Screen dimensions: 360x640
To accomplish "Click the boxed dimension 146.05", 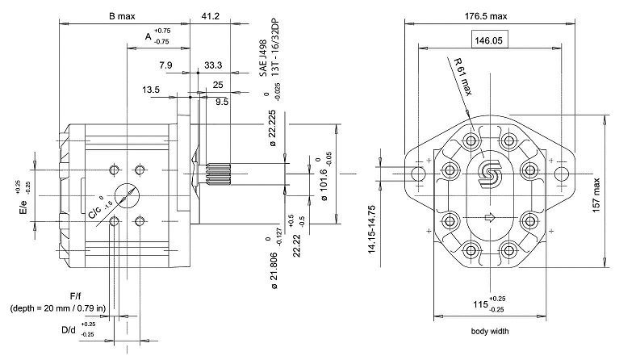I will [488, 39].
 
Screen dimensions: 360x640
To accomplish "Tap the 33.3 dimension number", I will [213, 65].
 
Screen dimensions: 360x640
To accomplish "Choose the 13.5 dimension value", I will [151, 90].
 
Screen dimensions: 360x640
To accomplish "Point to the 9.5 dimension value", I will [222, 102].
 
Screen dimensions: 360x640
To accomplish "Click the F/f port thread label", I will [76, 297].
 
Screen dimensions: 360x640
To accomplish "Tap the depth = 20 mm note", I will [61, 309].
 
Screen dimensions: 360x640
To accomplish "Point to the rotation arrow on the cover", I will [488, 218].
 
